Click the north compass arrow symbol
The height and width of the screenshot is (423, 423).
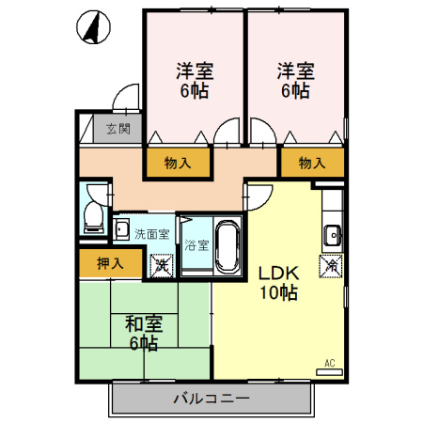[x=92, y=28]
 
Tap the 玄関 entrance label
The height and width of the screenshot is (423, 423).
[x=117, y=129]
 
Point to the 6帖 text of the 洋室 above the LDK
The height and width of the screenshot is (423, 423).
[x=293, y=91]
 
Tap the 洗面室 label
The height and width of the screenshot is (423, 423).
[x=151, y=234]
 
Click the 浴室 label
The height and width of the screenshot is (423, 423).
[x=196, y=245]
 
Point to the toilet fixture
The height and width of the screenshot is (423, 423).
[x=92, y=217]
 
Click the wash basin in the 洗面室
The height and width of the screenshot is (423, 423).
[x=123, y=229]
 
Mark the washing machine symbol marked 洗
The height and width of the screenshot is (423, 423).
[x=162, y=265]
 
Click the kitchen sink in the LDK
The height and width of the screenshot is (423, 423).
[x=332, y=235]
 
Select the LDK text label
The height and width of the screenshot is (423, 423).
[x=278, y=274]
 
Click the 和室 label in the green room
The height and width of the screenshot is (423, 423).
[x=144, y=323]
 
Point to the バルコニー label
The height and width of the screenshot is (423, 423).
[x=211, y=398]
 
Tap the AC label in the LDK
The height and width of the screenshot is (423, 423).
[x=330, y=363]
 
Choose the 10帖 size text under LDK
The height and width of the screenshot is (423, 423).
[x=279, y=293]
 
